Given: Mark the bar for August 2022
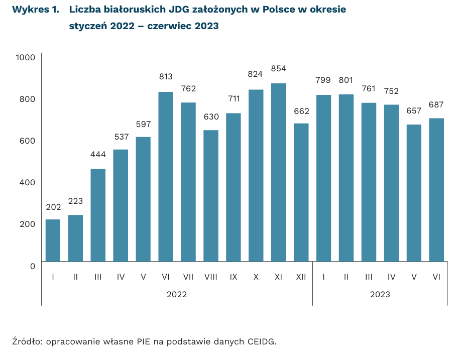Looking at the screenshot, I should (x=211, y=196).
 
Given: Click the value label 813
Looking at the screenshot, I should (x=166, y=77).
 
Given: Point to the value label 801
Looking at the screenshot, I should (x=346, y=80).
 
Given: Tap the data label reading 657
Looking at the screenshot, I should (x=414, y=110).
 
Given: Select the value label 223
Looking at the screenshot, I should (x=75, y=201).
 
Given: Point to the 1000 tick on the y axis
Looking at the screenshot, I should (x=25, y=57).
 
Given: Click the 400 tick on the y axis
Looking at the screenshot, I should (x=27, y=182).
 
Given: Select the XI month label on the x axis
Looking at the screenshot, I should (x=279, y=277).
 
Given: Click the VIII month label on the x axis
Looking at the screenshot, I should (x=211, y=277).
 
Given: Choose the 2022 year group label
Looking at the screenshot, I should (x=177, y=294).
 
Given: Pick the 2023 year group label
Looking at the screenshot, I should (x=380, y=294).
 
